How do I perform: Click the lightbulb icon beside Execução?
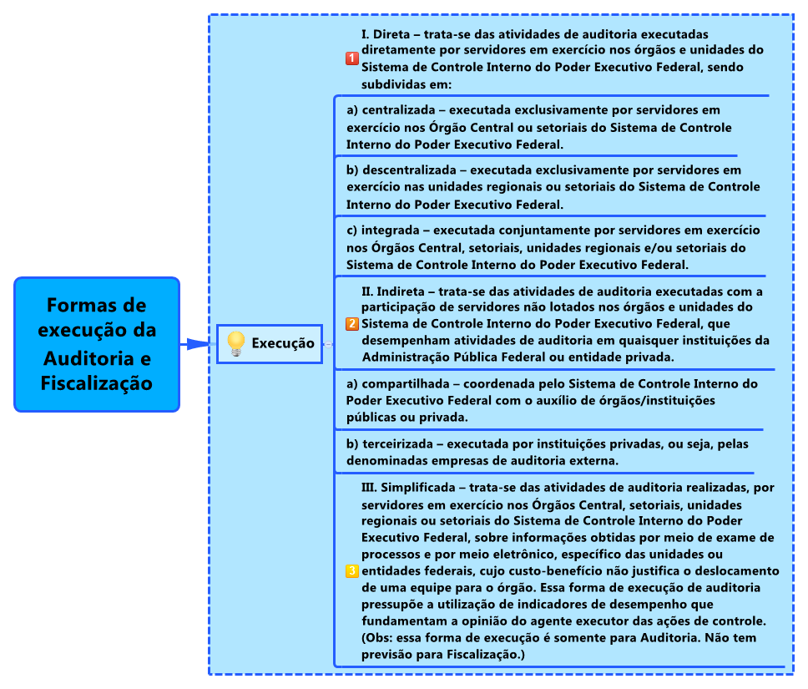click(236, 343)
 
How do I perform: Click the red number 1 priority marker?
click(352, 58)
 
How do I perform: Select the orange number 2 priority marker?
click(352, 324)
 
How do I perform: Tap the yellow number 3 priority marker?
click(352, 571)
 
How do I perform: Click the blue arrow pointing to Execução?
click(197, 343)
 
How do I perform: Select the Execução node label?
click(283, 343)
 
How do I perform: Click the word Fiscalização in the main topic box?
click(96, 383)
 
